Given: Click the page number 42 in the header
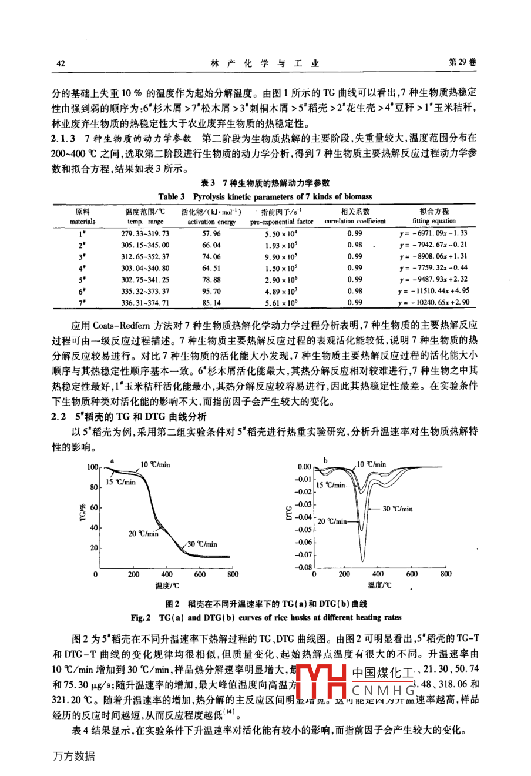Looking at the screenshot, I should (x=60, y=63).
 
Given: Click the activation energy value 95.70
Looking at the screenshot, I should (x=211, y=291).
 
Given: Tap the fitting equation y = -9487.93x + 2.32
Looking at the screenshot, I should (x=434, y=280).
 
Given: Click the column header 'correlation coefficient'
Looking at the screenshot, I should (x=355, y=222).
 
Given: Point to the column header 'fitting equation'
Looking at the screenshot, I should (x=434, y=222).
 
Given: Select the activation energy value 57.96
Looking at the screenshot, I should (x=211, y=233).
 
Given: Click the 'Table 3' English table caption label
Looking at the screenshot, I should (x=171, y=196).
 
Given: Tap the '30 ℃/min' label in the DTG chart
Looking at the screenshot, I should (x=398, y=509).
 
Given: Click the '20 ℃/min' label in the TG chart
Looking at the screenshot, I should (x=143, y=534).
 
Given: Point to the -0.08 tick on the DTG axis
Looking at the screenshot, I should (x=303, y=567).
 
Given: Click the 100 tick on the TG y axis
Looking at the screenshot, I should (x=93, y=467).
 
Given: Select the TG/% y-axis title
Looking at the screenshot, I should (x=83, y=511).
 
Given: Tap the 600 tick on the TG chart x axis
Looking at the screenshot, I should (x=200, y=574).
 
